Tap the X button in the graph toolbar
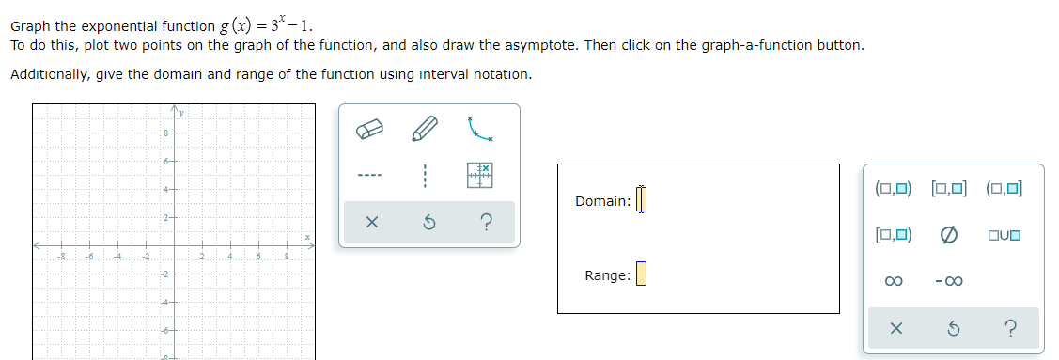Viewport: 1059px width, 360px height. (x=371, y=223)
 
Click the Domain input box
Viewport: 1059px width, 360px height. (x=643, y=200)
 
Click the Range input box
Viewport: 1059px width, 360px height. (x=642, y=274)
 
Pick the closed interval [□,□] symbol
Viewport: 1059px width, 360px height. (x=948, y=188)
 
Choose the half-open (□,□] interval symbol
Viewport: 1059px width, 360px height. (x=1004, y=188)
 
